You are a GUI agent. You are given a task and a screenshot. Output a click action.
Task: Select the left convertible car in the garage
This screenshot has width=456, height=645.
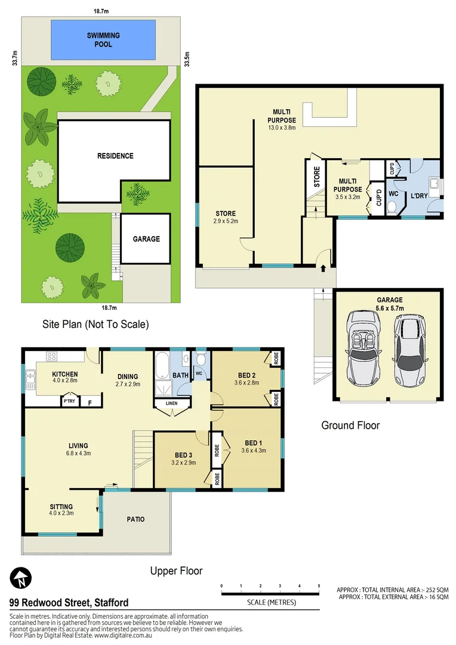(362, 349)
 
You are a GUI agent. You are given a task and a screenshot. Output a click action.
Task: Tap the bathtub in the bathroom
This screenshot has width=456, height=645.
(163, 367)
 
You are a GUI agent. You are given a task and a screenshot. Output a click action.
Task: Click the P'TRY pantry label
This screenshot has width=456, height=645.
(69, 403)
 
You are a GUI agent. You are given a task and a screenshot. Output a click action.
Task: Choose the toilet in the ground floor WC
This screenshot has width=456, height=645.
(392, 208)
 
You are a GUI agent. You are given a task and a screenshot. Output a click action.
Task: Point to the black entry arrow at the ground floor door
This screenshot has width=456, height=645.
(323, 269)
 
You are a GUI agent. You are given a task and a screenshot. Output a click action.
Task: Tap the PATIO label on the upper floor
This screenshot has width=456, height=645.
(135, 519)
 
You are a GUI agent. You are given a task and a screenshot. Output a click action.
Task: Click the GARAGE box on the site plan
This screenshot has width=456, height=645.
(146, 239)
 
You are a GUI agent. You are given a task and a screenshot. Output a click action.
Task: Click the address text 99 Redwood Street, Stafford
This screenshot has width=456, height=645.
(69, 603)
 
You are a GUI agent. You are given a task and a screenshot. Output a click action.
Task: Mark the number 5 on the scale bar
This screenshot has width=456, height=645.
(319, 585)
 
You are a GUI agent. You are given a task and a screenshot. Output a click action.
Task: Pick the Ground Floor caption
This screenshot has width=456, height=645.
(350, 425)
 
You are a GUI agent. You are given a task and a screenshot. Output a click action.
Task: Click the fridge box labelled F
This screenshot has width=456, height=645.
(91, 403)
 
